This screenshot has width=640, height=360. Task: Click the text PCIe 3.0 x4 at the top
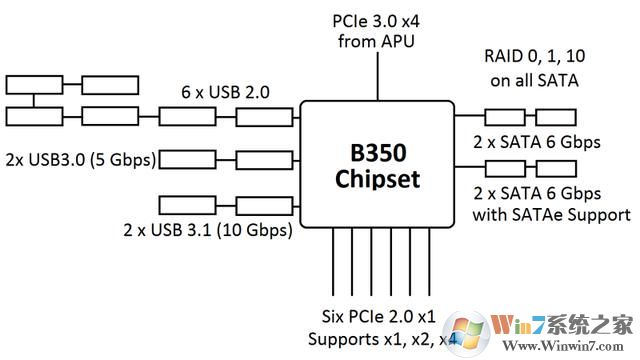tap(375, 21)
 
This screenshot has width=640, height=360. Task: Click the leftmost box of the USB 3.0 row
tap(186, 158)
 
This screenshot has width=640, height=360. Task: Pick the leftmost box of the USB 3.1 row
tap(186, 207)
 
